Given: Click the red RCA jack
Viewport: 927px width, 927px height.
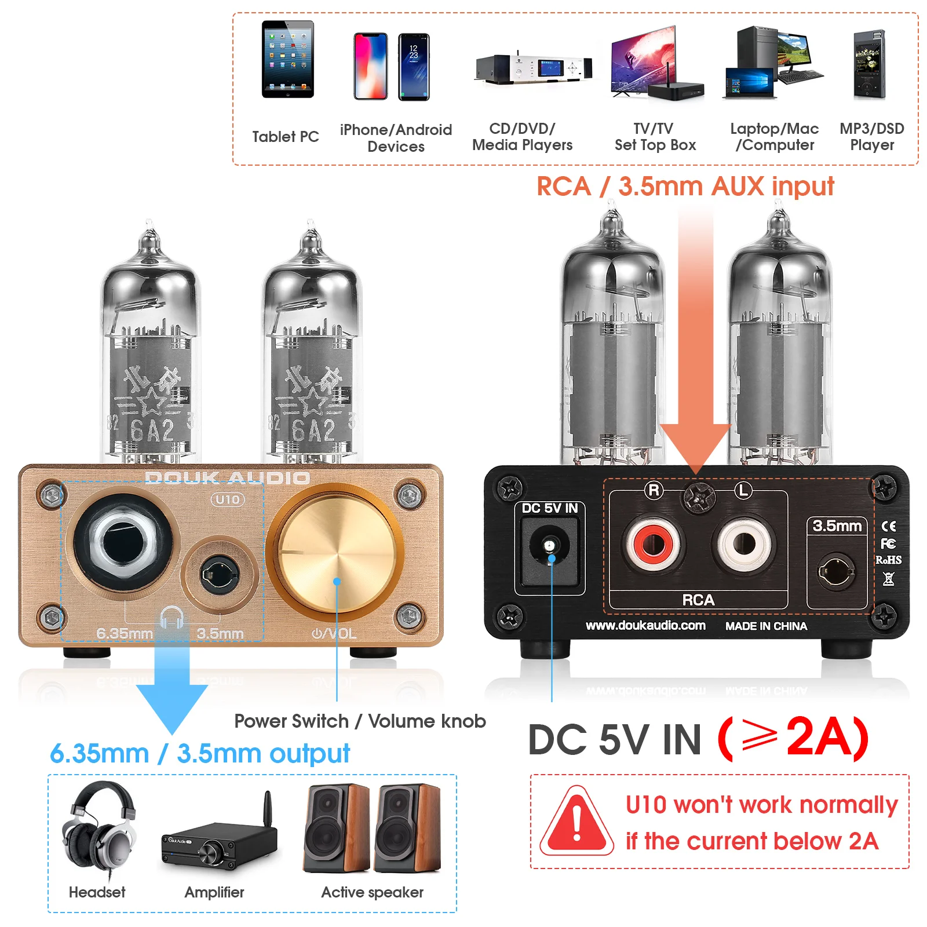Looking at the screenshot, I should point(653,545).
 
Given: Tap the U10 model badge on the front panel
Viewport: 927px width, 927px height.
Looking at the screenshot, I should point(228,499).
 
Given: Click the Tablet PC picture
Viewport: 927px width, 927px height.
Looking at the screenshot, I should point(287,60).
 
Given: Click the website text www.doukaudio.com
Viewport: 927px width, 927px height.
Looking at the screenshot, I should point(645,626).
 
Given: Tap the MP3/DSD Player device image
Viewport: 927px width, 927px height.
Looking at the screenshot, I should point(869,65).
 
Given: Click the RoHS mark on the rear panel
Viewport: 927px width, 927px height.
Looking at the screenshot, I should point(888,560).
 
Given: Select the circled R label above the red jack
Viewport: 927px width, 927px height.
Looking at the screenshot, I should point(654,490).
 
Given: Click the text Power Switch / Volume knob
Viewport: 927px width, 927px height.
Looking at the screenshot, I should point(360,721).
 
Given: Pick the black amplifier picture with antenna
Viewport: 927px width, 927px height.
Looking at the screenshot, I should point(219,840).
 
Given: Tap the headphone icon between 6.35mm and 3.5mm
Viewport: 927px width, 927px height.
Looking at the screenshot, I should point(171,618).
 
